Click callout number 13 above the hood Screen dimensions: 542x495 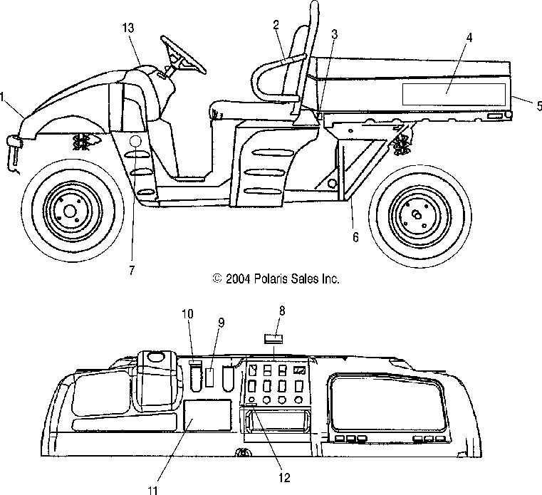tap(128, 28)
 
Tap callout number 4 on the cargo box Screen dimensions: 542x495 tap(469, 37)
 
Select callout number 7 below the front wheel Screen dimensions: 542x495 tap(132, 271)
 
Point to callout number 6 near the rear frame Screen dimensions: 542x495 tap(355, 237)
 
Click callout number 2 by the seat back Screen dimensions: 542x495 tap(276, 24)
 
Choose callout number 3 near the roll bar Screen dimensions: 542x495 tap(334, 34)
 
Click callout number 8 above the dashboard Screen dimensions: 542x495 tap(282, 311)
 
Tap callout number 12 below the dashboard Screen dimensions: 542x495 tap(284, 478)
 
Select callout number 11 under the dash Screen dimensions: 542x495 tap(153, 490)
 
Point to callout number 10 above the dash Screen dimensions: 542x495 tap(188, 314)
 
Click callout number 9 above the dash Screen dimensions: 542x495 tap(222, 323)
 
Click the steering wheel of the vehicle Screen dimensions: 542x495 tap(183, 55)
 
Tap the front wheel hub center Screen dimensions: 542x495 tap(70, 211)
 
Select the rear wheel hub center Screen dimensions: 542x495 tap(417, 215)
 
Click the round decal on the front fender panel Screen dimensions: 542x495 tap(135, 141)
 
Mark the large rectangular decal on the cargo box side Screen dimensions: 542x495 tap(454, 94)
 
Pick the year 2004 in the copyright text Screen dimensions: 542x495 tap(238, 279)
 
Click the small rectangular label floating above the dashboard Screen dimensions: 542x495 tap(273, 339)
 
